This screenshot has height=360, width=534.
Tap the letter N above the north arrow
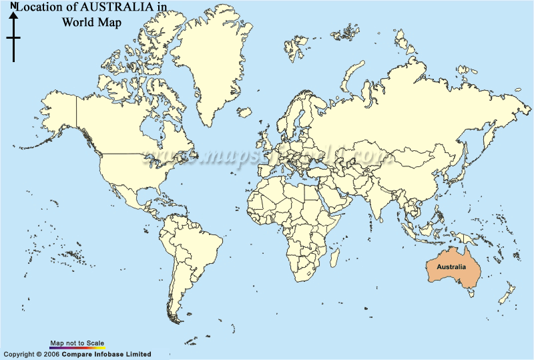13,6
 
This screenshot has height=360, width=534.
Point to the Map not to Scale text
77,343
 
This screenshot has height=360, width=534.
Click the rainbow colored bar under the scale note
77,348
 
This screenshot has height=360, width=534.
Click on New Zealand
507,294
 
